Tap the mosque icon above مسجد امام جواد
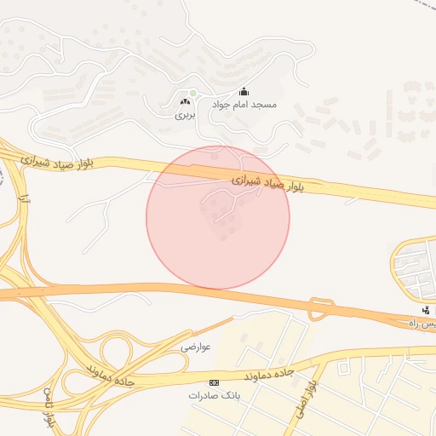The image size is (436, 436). [x=244, y=92]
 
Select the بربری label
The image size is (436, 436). [x=186, y=113]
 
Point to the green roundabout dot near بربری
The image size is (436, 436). [x=193, y=93]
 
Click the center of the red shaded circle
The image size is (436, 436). [x=218, y=217]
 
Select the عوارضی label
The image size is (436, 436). [x=195, y=347]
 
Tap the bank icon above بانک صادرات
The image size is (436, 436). [x=214, y=383]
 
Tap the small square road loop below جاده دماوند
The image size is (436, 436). [x=343, y=369]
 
